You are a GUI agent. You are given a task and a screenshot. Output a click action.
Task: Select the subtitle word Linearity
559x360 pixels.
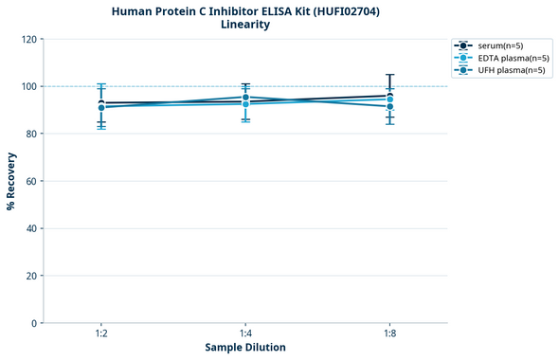245,25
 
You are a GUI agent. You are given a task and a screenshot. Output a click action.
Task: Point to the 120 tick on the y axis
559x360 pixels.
27,39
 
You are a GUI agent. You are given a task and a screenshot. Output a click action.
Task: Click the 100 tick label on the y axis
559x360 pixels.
27,86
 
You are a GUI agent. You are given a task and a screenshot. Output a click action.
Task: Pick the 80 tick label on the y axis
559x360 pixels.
30,134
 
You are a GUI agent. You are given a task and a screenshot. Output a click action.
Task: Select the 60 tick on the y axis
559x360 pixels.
30,181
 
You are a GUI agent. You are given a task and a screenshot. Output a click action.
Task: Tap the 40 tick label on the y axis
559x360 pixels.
30,228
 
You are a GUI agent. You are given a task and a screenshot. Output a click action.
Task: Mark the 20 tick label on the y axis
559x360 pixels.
30,276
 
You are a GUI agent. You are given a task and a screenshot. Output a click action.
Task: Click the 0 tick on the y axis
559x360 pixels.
33,323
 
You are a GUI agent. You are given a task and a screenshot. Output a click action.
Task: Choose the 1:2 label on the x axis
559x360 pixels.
101,334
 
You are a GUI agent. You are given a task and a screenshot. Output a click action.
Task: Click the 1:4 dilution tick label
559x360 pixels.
245,334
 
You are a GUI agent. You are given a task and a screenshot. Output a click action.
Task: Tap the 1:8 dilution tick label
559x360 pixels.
389,334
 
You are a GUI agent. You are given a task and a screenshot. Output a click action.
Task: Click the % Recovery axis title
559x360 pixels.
11,181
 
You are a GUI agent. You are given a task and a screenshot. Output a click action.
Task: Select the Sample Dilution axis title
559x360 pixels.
245,348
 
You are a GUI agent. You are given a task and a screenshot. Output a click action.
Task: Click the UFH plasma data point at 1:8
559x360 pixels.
389,106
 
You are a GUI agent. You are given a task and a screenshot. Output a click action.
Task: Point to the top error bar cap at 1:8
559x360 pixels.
389,74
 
